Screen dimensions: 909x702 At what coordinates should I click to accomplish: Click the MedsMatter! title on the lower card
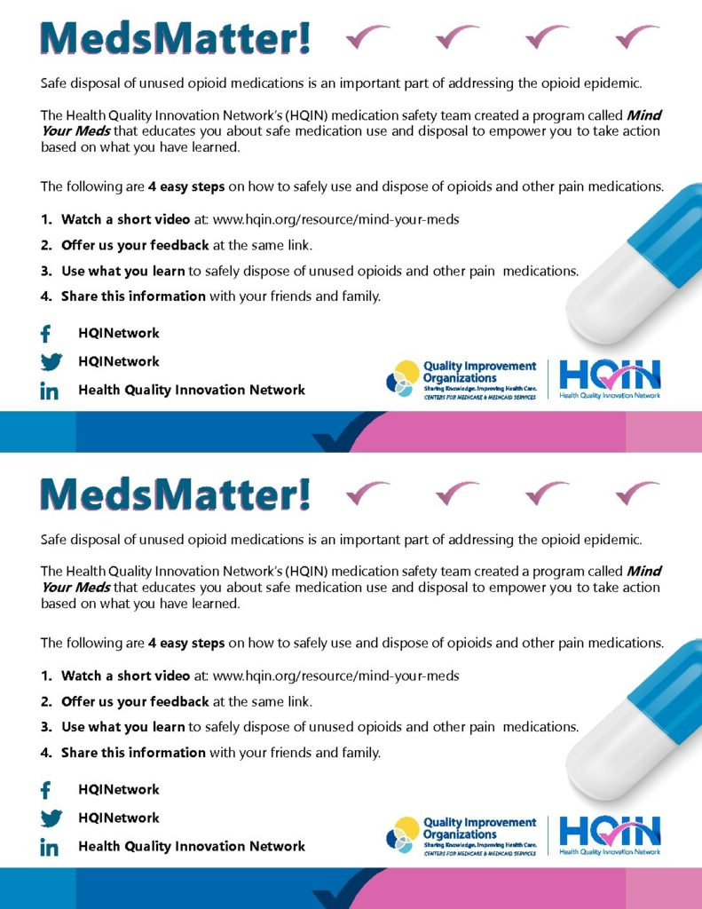click(x=176, y=494)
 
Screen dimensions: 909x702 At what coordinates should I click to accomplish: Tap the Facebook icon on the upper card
click(x=47, y=334)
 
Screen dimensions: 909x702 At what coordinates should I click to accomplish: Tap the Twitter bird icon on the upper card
click(x=51, y=362)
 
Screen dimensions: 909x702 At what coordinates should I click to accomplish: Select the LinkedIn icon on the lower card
click(x=50, y=847)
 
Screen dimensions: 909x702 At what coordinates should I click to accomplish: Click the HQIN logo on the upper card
click(x=609, y=379)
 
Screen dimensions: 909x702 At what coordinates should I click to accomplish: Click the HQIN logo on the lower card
click(x=609, y=835)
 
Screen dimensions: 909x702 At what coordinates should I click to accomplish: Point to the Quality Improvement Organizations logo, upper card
click(x=461, y=379)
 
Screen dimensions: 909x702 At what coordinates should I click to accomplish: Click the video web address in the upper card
click(x=336, y=219)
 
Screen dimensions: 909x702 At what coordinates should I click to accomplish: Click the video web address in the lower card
click(x=336, y=676)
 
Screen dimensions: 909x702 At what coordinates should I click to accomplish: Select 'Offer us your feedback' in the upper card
click(x=135, y=245)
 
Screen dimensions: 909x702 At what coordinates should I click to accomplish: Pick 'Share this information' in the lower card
click(x=133, y=753)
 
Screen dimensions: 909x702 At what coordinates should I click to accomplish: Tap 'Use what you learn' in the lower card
click(x=123, y=727)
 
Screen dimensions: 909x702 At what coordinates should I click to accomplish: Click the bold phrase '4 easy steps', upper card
click(x=186, y=186)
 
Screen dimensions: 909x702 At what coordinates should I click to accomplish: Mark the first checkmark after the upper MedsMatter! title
click(x=367, y=36)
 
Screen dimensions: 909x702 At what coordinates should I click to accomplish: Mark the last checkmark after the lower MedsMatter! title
click(x=637, y=493)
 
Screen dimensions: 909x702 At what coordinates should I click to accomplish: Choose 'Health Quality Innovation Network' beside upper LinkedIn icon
click(x=192, y=390)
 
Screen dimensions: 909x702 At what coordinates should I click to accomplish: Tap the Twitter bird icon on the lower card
click(x=51, y=818)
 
